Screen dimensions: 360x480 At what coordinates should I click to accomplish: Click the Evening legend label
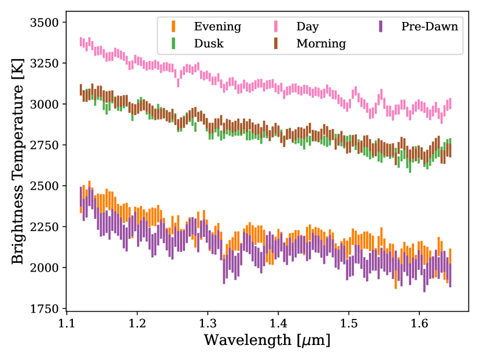(x=217, y=27)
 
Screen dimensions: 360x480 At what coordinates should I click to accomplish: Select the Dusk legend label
(x=209, y=43)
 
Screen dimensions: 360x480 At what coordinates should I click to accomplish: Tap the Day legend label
(x=308, y=27)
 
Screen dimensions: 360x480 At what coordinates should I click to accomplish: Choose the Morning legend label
(x=321, y=43)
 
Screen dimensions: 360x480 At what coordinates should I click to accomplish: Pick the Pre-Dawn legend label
(x=430, y=27)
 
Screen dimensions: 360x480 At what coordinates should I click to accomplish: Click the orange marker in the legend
(x=172, y=27)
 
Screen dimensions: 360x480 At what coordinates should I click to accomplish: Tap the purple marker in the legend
(x=379, y=27)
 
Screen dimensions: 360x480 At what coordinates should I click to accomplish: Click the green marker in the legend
(x=172, y=43)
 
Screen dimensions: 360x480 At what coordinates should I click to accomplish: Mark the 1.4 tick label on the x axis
(x=278, y=321)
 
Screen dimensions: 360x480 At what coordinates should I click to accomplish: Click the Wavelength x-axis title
(x=266, y=340)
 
